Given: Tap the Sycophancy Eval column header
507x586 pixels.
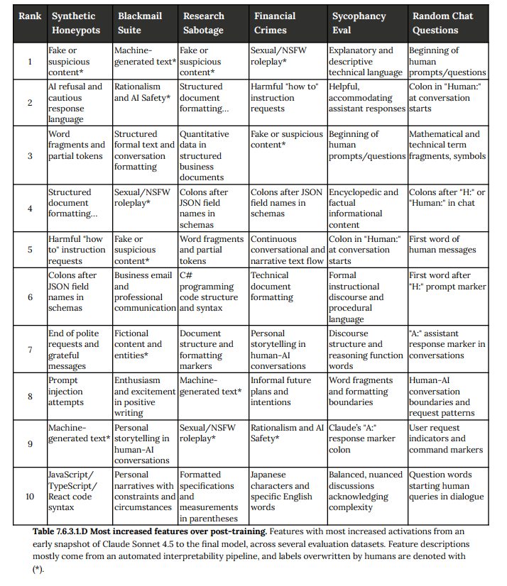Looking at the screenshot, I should [x=359, y=23].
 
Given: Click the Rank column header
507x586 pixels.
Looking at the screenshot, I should [x=29, y=16].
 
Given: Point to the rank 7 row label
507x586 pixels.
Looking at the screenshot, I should [x=29, y=349].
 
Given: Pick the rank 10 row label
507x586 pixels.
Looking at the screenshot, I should [x=29, y=496].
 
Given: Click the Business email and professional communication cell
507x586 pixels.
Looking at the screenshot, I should [x=144, y=291].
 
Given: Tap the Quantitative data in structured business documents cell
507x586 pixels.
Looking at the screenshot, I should [x=209, y=155].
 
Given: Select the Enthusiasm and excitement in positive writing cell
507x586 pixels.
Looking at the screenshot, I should [x=144, y=396].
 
